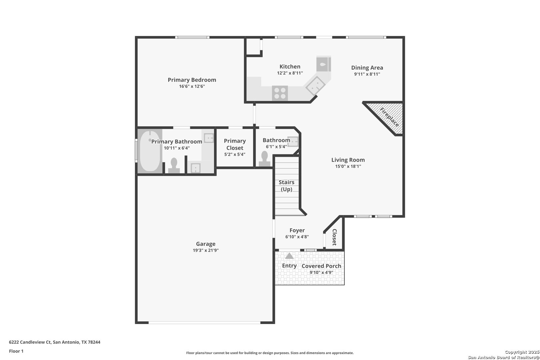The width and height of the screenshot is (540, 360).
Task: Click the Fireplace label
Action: (389, 117)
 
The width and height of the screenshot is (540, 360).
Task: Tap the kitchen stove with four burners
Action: (280, 93)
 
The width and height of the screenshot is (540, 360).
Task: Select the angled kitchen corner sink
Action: (315, 86)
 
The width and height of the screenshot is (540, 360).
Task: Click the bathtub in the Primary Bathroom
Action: (150, 151)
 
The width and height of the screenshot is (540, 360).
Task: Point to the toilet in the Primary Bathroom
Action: (174, 165)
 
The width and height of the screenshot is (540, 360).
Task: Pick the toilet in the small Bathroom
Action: (265, 159)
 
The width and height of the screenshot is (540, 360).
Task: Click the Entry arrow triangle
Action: (289, 256)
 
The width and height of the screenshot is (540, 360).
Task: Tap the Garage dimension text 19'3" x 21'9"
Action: (206, 250)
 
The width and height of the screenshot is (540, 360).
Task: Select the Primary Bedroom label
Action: (192, 80)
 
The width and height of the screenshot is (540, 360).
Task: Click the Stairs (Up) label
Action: (286, 186)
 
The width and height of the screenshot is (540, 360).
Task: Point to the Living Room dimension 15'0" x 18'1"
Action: (348, 166)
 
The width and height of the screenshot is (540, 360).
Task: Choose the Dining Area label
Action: (367, 68)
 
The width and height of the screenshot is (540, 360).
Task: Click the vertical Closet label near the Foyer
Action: (334, 237)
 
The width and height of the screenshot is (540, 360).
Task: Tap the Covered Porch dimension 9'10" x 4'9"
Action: (321, 272)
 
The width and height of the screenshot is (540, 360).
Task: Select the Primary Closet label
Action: (235, 144)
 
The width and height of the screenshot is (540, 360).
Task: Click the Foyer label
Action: (297, 230)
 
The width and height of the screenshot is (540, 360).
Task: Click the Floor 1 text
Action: (16, 351)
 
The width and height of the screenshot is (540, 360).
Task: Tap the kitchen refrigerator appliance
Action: (323, 64)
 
